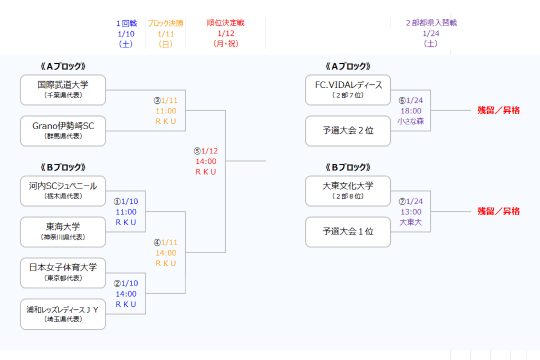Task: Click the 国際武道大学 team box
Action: click(x=63, y=90)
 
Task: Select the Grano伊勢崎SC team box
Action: click(x=63, y=131)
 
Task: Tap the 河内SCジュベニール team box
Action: click(x=63, y=191)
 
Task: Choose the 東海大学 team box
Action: click(x=63, y=232)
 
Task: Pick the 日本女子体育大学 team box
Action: click(x=63, y=273)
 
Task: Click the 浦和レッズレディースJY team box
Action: click(x=63, y=314)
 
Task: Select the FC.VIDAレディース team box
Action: click(x=348, y=90)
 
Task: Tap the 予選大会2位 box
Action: click(x=348, y=131)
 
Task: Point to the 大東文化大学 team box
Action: click(x=348, y=191)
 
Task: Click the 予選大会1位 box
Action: click(x=348, y=232)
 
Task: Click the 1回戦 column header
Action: click(x=127, y=23)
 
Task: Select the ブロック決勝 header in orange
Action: click(x=166, y=23)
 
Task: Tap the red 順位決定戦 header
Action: click(x=226, y=23)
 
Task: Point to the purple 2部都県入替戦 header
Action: click(x=431, y=23)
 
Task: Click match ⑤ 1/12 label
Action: click(x=206, y=151)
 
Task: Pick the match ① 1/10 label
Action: click(x=126, y=202)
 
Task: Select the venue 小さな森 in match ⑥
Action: click(x=411, y=121)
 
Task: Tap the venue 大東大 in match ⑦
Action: click(x=411, y=222)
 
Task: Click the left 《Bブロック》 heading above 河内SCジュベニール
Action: click(x=62, y=167)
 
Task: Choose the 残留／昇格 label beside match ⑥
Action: click(x=499, y=111)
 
